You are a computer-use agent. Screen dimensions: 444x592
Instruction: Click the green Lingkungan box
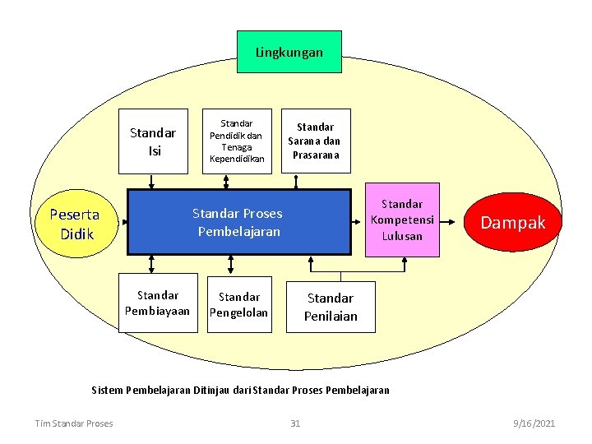[x=289, y=52]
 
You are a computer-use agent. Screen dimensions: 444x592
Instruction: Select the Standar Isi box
[x=153, y=141]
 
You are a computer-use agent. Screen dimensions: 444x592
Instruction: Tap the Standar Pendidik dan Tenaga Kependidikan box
[x=237, y=141]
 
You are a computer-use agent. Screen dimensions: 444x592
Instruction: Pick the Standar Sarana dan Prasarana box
[x=316, y=141]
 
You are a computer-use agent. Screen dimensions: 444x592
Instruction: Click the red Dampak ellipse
[x=512, y=223]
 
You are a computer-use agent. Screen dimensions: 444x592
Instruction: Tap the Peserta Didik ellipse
[x=75, y=224]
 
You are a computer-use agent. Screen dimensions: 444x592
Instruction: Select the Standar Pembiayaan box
[x=158, y=303]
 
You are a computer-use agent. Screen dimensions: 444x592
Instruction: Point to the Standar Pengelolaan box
[x=238, y=303]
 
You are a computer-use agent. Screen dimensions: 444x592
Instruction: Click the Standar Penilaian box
[x=331, y=307]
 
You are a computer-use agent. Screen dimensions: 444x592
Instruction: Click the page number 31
[x=295, y=423]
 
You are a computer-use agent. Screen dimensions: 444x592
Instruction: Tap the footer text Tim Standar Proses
[x=74, y=423]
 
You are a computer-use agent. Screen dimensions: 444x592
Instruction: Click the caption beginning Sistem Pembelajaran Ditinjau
[x=240, y=389]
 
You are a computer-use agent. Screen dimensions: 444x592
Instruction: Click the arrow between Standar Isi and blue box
[x=153, y=182]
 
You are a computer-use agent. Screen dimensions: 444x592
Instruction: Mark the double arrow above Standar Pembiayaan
[x=152, y=264]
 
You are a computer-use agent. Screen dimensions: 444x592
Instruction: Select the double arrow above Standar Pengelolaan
[x=229, y=264]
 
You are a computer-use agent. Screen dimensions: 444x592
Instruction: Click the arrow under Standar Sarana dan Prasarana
[x=316, y=181]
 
